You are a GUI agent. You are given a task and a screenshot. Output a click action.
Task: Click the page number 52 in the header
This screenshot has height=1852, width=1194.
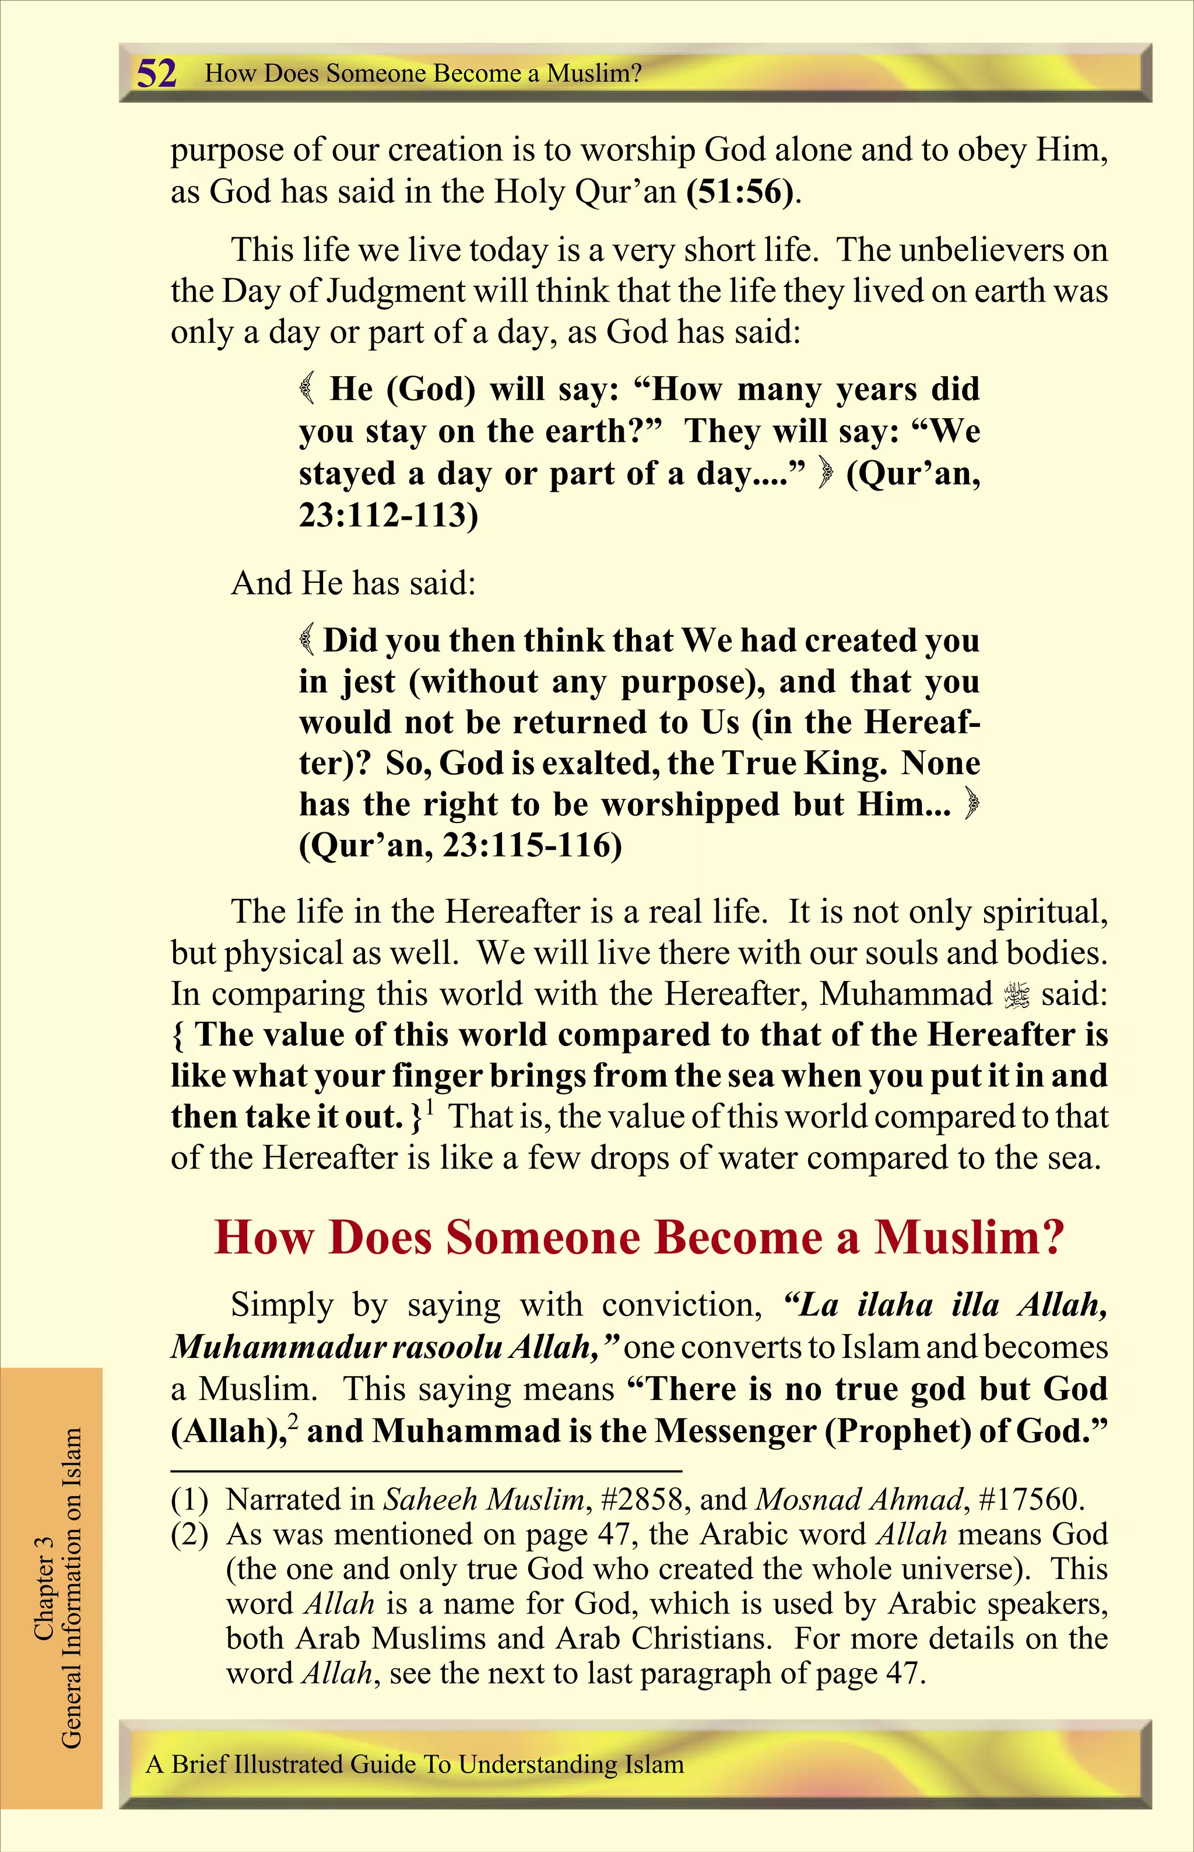pyautogui.click(x=157, y=73)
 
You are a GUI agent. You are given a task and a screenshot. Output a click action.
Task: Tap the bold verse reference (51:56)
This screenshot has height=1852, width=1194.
pyautogui.click(x=741, y=191)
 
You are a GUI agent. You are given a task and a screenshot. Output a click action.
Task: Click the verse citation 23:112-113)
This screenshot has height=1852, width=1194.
pyautogui.click(x=388, y=515)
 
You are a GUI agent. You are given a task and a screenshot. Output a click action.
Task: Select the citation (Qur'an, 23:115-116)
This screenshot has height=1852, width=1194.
pyautogui.click(x=461, y=845)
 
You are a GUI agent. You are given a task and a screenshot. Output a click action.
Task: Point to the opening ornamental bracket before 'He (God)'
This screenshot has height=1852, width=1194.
pyautogui.click(x=308, y=388)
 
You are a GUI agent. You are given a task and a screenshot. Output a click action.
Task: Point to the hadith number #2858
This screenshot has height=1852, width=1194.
pyautogui.click(x=642, y=1499)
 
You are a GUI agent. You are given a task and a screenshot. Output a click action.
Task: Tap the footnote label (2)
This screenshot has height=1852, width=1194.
pyautogui.click(x=189, y=1534)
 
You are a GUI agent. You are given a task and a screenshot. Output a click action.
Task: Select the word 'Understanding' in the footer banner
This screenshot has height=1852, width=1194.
pyautogui.click(x=538, y=1765)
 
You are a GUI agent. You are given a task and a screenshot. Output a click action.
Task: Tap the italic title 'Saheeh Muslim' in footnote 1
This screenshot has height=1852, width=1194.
pyautogui.click(x=484, y=1499)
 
